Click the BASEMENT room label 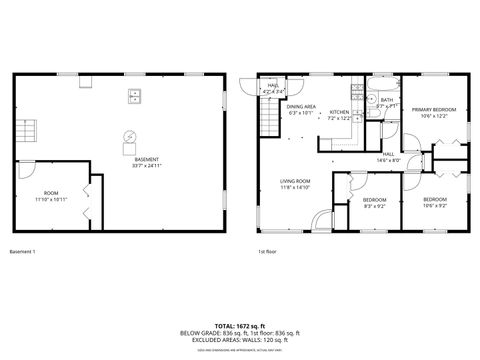click(x=146, y=159)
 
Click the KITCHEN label click(x=339, y=113)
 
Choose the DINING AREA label click(x=301, y=106)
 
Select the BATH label click(x=386, y=100)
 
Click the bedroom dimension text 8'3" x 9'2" click(x=375, y=206)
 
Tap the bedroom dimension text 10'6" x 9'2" click(x=434, y=206)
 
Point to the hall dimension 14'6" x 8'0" click(x=388, y=160)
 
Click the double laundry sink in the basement click(x=134, y=97)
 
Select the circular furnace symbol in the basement click(x=128, y=136)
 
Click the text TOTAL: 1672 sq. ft click(x=239, y=327)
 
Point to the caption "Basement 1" click(x=22, y=251)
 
